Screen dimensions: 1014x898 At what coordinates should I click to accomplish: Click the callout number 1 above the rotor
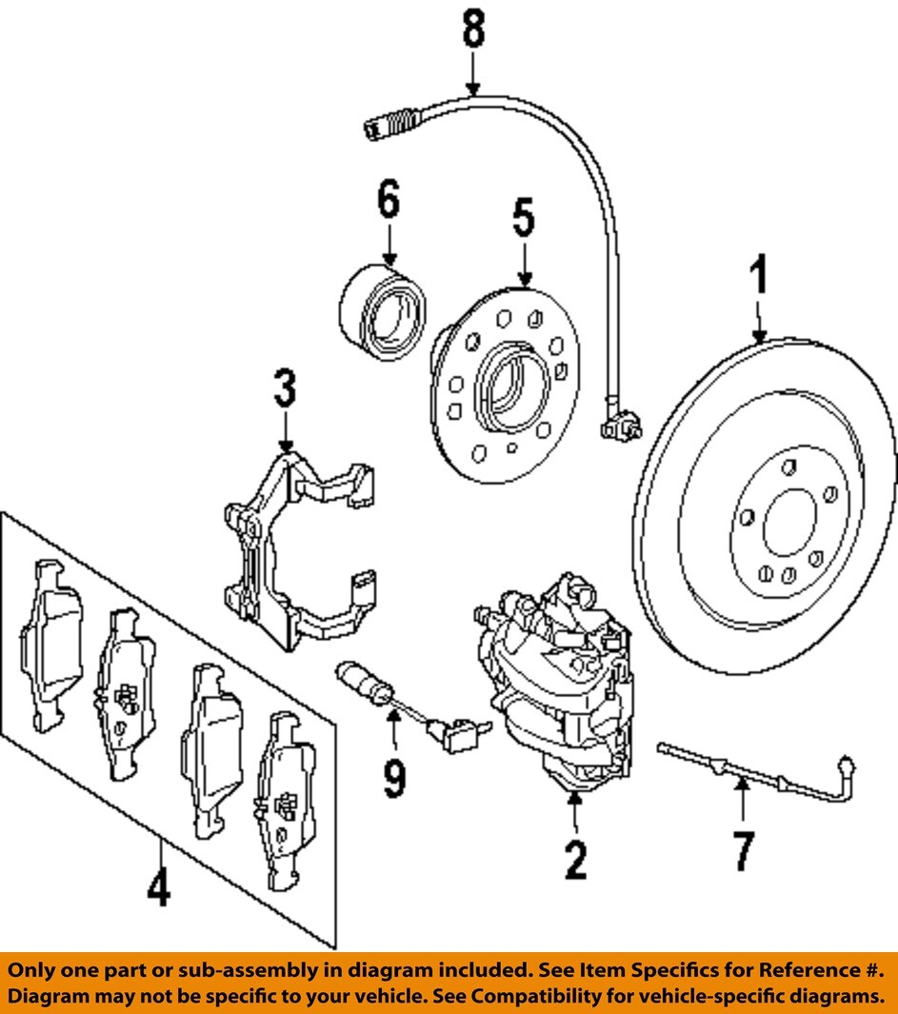point(758,278)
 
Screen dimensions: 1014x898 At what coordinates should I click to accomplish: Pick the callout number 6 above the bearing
point(387,203)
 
